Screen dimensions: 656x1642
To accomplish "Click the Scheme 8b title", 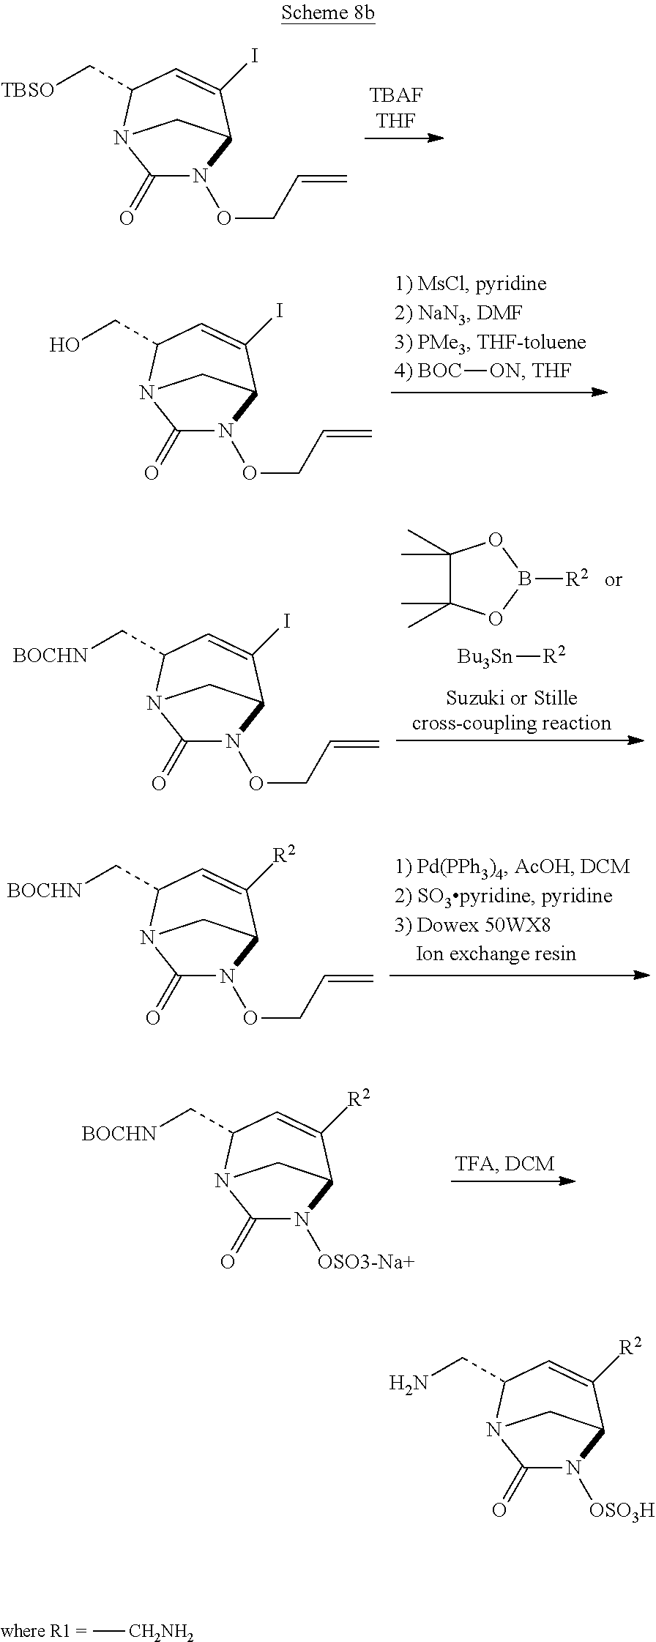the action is click(328, 15).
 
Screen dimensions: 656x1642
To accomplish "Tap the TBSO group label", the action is click(27, 91).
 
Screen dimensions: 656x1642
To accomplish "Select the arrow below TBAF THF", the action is click(404, 137).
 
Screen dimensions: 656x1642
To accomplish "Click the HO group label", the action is click(64, 345).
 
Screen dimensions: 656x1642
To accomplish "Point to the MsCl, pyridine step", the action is click(471, 283).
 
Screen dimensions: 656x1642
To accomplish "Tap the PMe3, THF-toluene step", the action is click(490, 342).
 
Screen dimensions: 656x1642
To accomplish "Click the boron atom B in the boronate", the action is click(524, 580).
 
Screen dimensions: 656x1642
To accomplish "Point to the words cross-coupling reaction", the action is click(511, 723).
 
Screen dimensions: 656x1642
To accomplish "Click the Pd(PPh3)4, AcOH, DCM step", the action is click(512, 866).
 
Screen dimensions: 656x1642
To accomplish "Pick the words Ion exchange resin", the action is click(496, 954).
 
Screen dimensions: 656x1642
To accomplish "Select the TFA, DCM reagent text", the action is click(505, 1162).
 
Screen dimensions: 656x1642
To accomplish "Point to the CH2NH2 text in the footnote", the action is click(161, 1632).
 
